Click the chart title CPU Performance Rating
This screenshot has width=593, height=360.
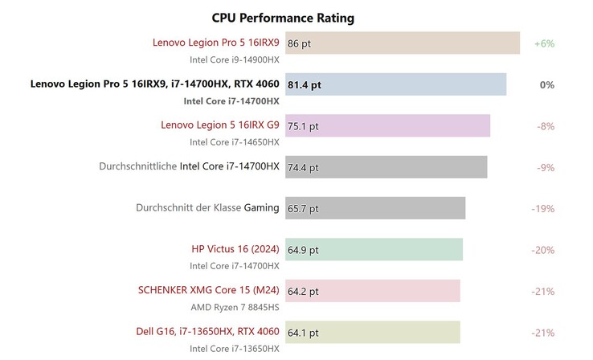click(x=283, y=18)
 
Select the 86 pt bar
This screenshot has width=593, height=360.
click(x=402, y=43)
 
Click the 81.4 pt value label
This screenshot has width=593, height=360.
click(x=305, y=84)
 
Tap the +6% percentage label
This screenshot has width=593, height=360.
click(x=544, y=43)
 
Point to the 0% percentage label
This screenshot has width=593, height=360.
click(x=546, y=84)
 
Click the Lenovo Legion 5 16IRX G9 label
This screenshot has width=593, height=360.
click(x=220, y=125)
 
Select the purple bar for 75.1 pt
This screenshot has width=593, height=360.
click(x=387, y=126)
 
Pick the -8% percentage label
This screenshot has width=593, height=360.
click(x=546, y=126)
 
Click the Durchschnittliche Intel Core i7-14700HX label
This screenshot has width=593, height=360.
click(x=189, y=166)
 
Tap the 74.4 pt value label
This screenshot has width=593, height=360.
click(x=303, y=168)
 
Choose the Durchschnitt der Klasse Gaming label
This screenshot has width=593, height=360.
click(x=207, y=207)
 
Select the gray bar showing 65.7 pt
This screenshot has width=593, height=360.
click(x=375, y=208)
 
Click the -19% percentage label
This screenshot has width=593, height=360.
click(x=543, y=208)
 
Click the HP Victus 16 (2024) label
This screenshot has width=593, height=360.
click(x=235, y=248)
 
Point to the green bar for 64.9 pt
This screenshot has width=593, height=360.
click(x=374, y=250)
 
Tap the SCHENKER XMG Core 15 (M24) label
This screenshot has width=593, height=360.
click(x=210, y=290)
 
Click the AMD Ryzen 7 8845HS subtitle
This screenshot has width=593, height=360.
click(x=235, y=307)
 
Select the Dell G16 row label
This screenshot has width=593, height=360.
click(x=208, y=331)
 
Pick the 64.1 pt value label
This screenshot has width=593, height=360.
click(x=303, y=333)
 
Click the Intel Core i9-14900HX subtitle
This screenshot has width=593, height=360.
click(x=235, y=59)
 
